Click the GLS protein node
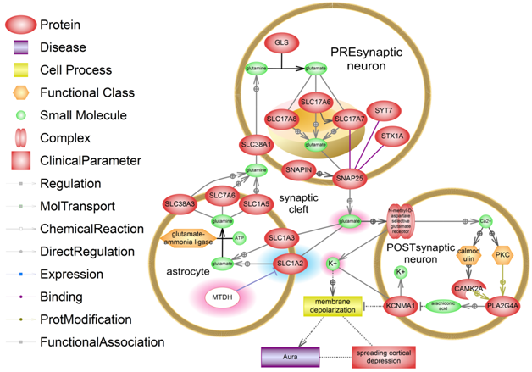pyautogui.click(x=280, y=42)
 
